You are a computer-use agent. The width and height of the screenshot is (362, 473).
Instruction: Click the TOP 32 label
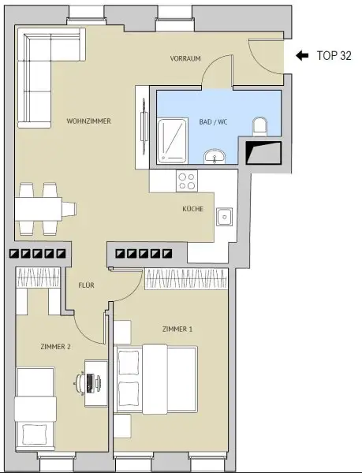(x=333, y=56)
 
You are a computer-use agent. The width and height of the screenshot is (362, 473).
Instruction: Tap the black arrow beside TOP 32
(x=301, y=56)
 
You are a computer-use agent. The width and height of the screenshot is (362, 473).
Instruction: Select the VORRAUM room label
(x=186, y=60)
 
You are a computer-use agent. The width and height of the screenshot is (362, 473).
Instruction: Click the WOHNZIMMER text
(x=88, y=121)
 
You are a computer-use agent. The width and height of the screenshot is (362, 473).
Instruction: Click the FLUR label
(x=86, y=285)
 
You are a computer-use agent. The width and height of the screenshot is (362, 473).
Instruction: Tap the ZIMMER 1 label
(x=177, y=329)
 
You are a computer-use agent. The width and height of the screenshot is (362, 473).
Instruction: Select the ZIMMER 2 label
(x=56, y=346)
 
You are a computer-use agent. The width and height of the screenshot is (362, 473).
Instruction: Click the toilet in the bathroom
(x=260, y=127)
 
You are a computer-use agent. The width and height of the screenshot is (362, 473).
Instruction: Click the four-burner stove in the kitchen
(x=187, y=181)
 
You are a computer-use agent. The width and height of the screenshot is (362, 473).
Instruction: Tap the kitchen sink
(x=225, y=214)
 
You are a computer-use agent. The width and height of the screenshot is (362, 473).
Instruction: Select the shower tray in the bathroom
(x=174, y=142)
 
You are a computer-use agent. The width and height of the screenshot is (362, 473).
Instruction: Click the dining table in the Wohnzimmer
(x=39, y=208)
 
